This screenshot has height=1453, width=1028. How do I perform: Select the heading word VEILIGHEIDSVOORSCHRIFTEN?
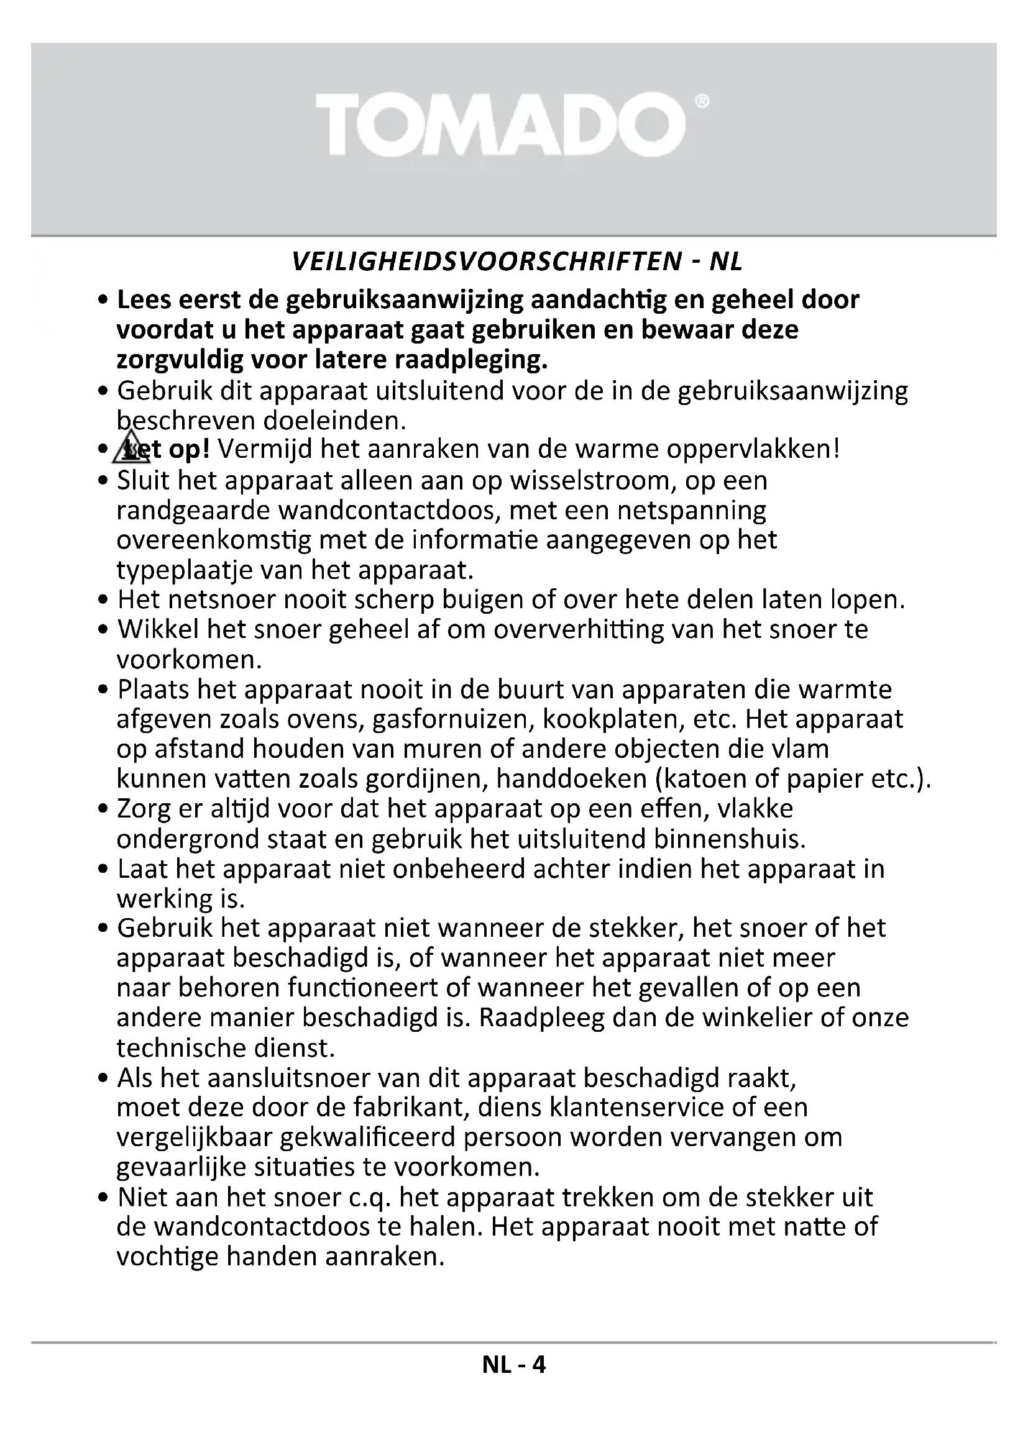coord(486,262)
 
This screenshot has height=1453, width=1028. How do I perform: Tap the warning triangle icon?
coord(131,448)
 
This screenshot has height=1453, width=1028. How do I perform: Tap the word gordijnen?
coord(425,779)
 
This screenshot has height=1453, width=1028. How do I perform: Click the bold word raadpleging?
coord(471,360)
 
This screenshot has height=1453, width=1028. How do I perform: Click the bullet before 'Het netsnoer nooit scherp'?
coord(104,600)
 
